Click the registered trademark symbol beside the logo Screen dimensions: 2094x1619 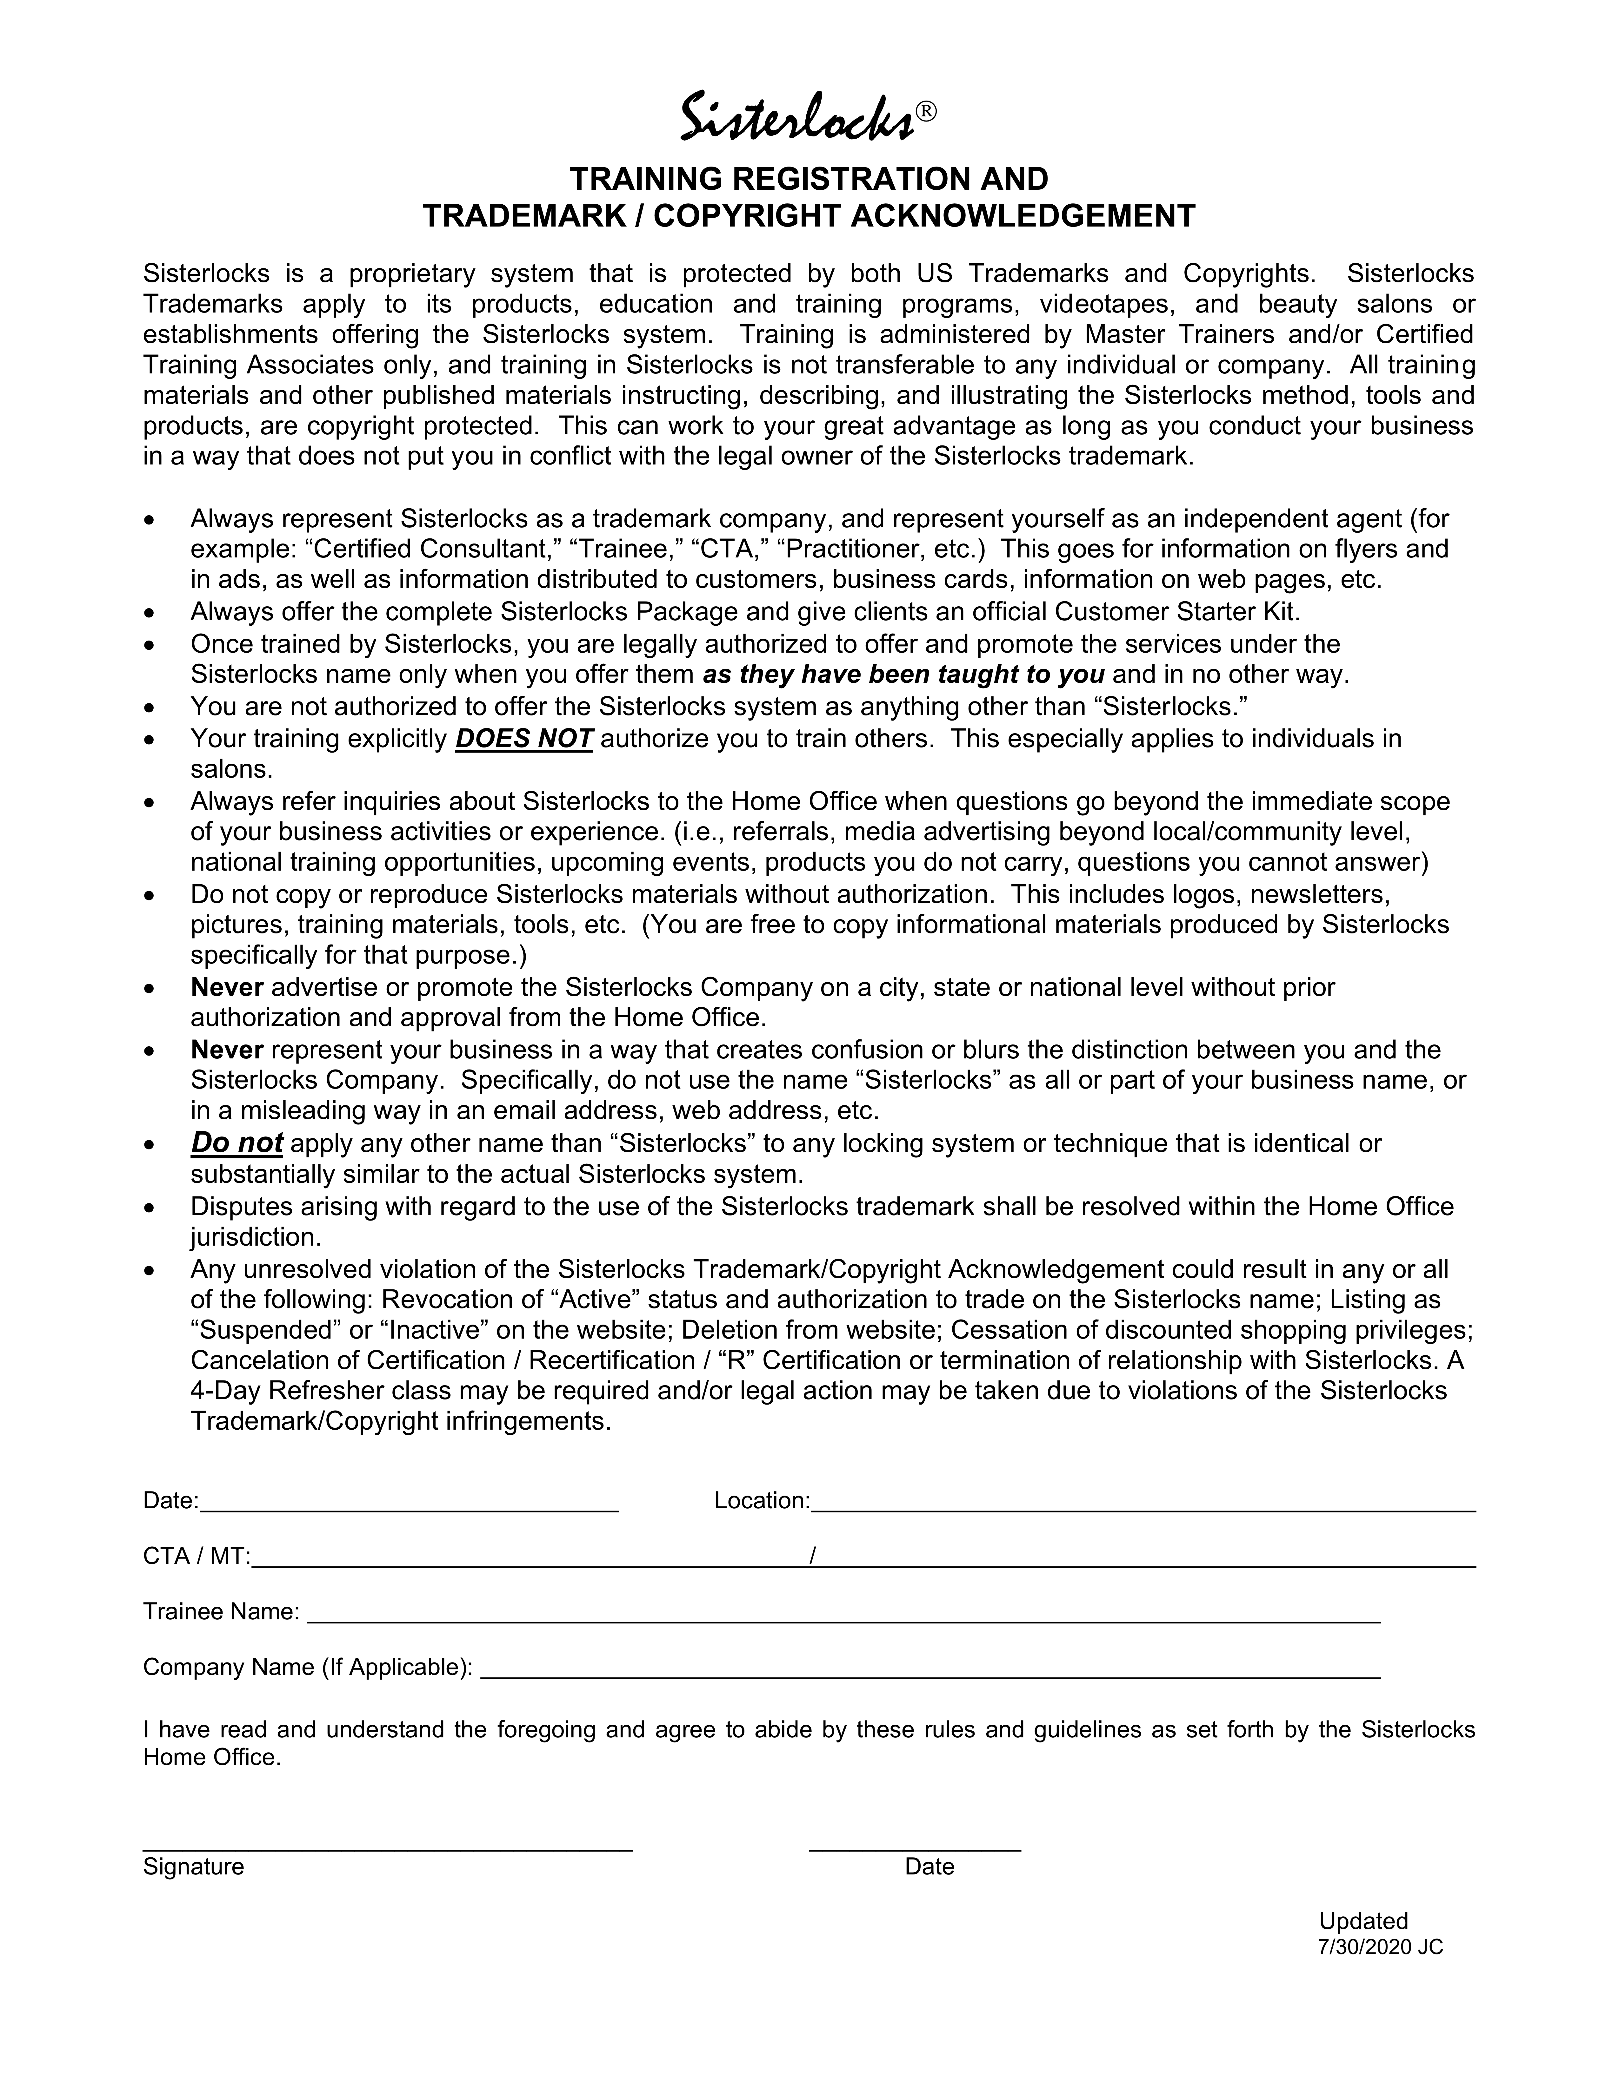[925, 111]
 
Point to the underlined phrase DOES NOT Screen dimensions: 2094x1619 [524, 738]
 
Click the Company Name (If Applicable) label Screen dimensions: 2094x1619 [307, 1667]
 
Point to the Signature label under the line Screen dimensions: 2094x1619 [194, 1866]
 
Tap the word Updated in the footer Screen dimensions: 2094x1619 [1363, 1920]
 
